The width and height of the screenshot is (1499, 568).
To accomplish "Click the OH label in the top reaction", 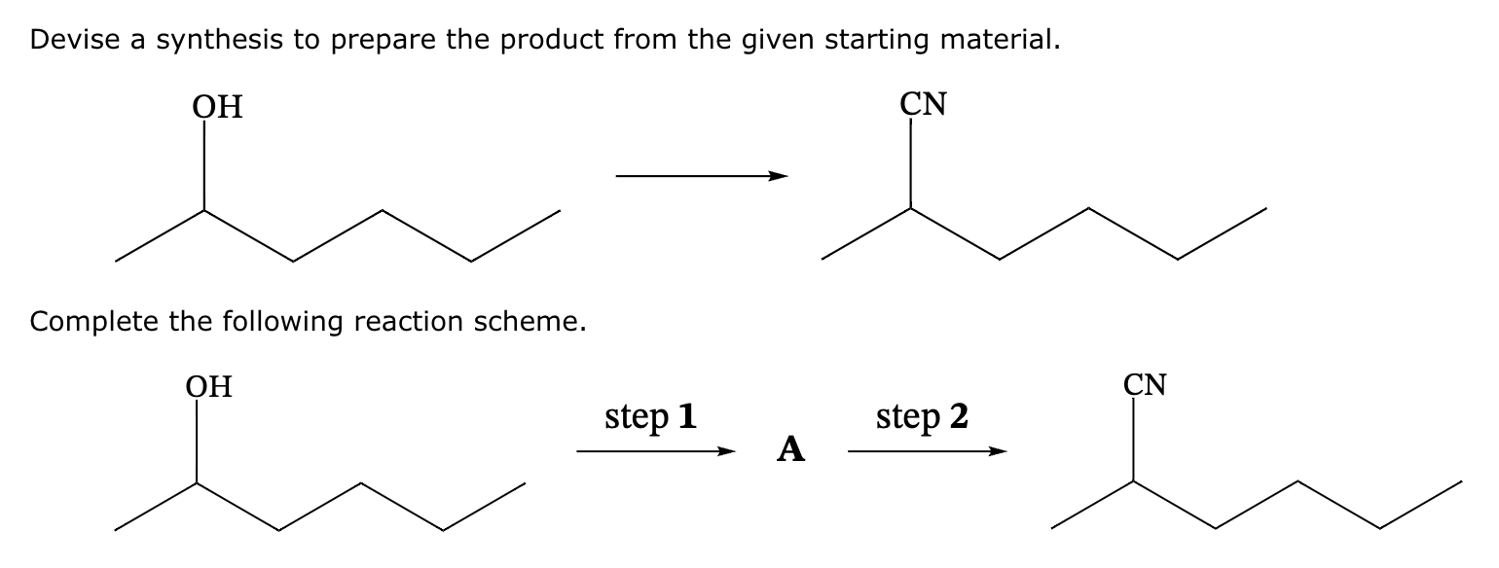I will (217, 106).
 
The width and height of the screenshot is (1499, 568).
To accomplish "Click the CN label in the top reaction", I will (924, 104).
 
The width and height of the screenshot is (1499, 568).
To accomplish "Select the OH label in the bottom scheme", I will (209, 386).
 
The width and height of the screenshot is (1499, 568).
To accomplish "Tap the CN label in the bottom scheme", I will (1145, 384).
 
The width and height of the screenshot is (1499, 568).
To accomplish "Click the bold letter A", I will (791, 449).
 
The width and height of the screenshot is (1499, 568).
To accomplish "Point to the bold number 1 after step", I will (686, 416).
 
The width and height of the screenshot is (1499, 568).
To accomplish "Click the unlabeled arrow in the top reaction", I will (701, 177).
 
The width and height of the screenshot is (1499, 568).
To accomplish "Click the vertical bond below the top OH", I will (204, 165).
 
